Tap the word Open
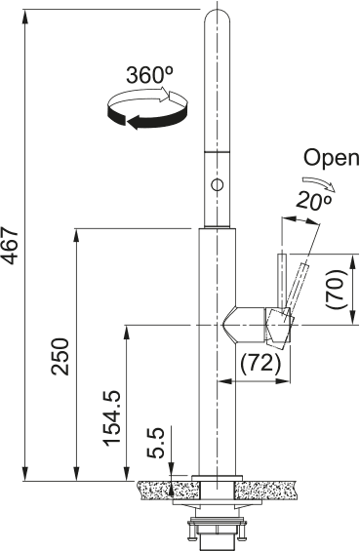click(x=327, y=158)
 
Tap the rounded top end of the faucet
click(x=216, y=14)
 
